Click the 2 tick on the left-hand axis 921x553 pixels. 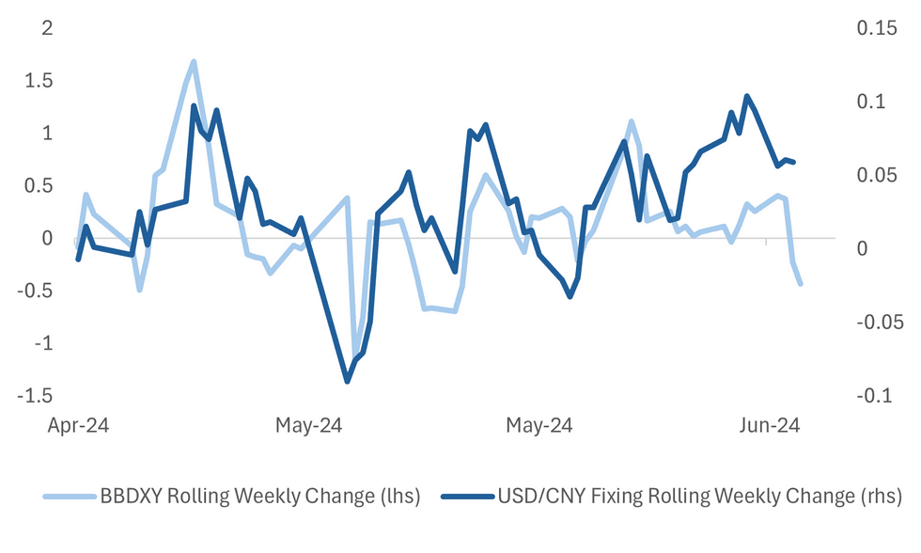44,28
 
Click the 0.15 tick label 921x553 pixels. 875,28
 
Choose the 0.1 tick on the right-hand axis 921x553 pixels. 869,102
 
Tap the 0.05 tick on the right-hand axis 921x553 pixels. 875,175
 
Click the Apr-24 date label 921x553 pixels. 79,426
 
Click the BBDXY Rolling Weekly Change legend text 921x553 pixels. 260,496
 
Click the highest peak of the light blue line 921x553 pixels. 193,62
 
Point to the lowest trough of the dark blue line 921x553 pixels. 347,381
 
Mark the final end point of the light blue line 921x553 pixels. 801,284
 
